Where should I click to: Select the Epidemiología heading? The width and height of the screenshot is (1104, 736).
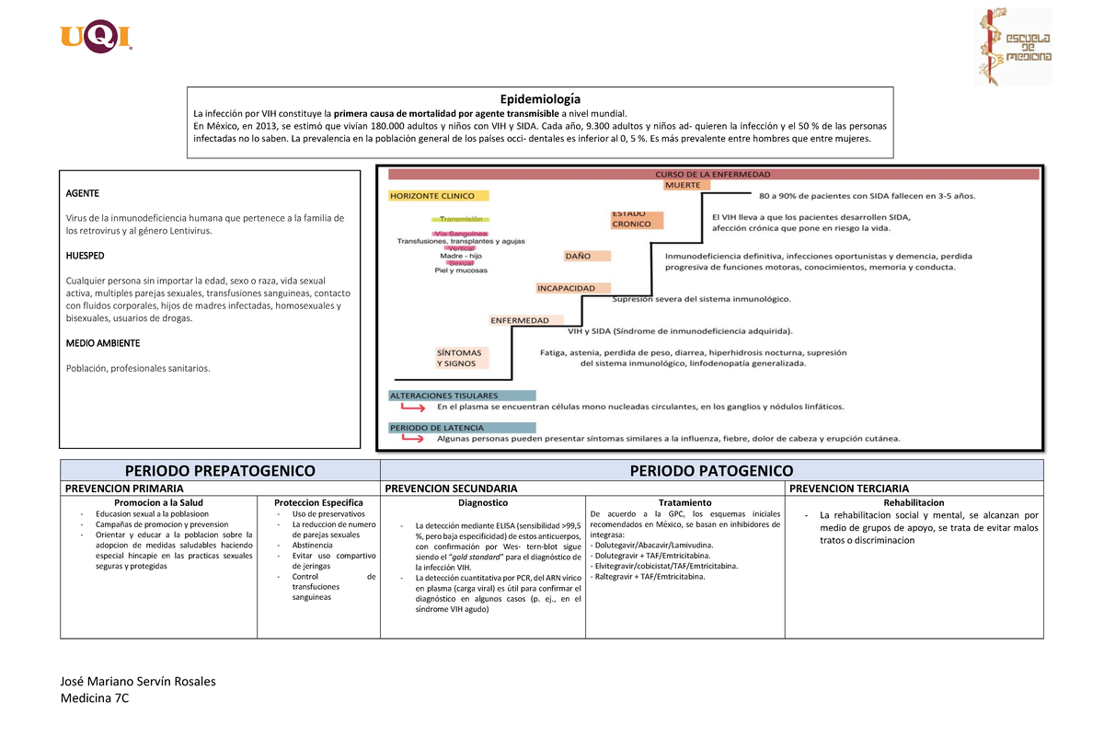pyautogui.click(x=540, y=98)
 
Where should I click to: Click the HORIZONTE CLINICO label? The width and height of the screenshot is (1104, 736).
pyautogui.click(x=438, y=196)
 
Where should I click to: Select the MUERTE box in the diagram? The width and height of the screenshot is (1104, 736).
pyautogui.click(x=683, y=185)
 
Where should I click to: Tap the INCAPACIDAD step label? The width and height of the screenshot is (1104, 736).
pyautogui.click(x=567, y=288)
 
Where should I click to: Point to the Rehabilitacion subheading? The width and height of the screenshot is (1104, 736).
pyautogui.click(x=913, y=502)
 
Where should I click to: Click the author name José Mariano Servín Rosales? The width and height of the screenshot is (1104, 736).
pyautogui.click(x=138, y=682)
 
